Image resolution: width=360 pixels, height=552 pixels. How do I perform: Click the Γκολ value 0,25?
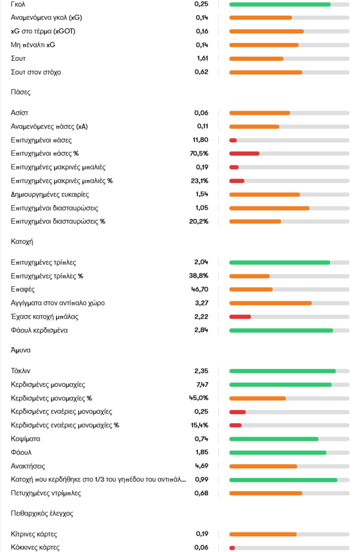pos(201,4)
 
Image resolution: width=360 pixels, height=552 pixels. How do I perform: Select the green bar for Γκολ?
pos(280,4)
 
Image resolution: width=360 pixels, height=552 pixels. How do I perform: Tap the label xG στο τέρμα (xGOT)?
pos(43,31)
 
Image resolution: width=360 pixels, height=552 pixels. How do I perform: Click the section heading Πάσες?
pos(20,92)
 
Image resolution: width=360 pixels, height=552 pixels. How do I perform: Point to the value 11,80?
pos(200,140)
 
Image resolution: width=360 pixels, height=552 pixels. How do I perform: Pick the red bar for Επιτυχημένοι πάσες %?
pos(244,154)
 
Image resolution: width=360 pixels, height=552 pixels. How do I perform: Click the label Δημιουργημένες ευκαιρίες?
pos(50,194)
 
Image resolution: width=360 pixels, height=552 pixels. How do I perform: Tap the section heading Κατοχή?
pos(22,242)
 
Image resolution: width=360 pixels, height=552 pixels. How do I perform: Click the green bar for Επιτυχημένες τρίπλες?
pos(279,263)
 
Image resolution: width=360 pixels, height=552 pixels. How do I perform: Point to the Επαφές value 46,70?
pos(199,289)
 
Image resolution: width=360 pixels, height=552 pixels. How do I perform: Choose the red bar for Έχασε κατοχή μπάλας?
pos(240,316)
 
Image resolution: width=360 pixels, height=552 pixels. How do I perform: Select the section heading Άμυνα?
pos(20,350)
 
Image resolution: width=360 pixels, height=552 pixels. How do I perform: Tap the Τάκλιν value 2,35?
pos(201,371)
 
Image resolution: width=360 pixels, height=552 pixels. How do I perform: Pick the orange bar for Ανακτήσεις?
pos(263,466)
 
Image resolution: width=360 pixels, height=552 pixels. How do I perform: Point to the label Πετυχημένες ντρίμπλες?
pos(46,493)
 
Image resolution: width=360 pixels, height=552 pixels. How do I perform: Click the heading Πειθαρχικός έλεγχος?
pos(42,513)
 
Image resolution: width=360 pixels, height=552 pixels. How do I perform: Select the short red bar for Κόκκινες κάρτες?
pos(232,548)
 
